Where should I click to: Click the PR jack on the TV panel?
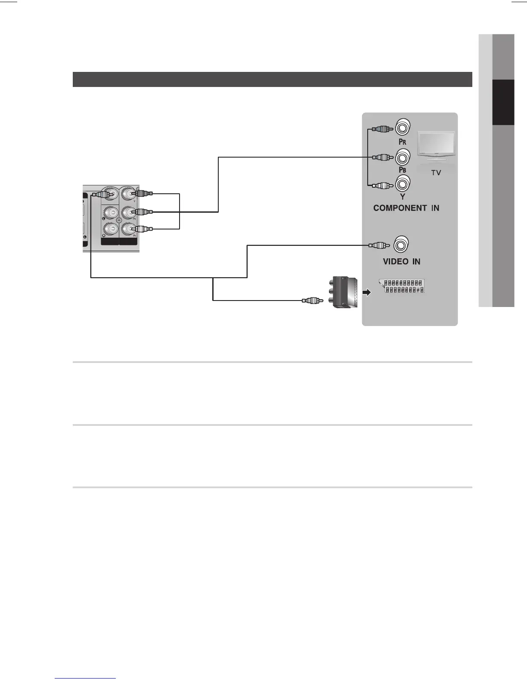tap(403, 128)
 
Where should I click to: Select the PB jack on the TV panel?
tap(403, 157)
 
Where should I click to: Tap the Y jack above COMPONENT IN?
tap(403, 185)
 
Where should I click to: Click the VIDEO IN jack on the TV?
tap(401, 245)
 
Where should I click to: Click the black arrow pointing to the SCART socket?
tap(366, 293)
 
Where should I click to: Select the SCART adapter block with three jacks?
tap(345, 292)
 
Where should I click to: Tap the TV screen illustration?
tap(436, 146)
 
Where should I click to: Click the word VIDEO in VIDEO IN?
tap(395, 261)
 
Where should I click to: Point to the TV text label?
tap(436, 173)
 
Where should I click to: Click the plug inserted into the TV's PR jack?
tap(381, 129)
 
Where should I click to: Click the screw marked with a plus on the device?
tap(119, 220)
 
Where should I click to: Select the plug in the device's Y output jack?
tap(143, 194)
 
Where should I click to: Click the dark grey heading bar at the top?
tap(272, 79)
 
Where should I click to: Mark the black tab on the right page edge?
tap(503, 102)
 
